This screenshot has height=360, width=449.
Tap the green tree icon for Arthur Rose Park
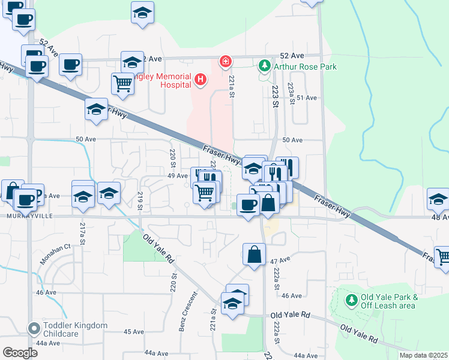pyautogui.click(x=264, y=65)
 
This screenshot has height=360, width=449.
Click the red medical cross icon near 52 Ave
pyautogui.click(x=226, y=61)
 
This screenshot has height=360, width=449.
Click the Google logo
pyautogui.click(x=20, y=353)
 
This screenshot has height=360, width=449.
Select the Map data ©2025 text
pyautogui.click(x=423, y=355)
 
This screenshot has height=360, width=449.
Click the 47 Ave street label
pyautogui.click(x=280, y=262)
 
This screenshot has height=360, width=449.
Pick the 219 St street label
pyautogui.click(x=140, y=201)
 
